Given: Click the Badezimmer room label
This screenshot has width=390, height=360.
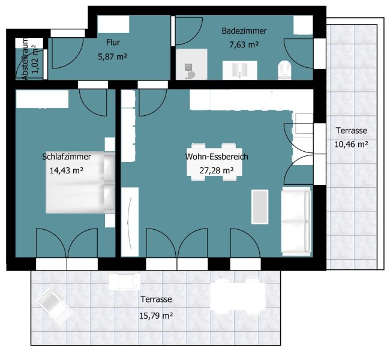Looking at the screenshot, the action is tap(244, 31).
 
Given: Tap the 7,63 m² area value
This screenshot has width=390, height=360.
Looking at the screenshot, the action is tap(244, 45).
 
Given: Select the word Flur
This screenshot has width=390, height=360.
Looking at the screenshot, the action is tap(113, 42).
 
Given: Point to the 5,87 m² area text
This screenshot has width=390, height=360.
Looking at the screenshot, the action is tap(113, 57).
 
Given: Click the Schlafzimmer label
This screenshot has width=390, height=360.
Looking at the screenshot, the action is tap(67, 157).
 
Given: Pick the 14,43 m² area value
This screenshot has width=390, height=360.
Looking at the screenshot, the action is tap(67, 170).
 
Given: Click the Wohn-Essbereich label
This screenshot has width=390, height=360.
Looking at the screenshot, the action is tap(217, 157).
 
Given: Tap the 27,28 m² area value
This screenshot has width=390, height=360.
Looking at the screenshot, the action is tap(217, 170).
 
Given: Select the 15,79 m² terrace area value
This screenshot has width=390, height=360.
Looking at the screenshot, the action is tap(156, 316).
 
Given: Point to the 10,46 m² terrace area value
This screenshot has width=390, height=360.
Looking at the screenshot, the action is tap(352, 144).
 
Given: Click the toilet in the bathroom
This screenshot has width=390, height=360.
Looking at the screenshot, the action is tap(284, 70).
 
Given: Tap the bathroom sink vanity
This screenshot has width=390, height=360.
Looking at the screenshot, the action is tap(240, 70).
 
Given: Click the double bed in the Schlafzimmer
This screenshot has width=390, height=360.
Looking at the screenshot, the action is tap(80, 183).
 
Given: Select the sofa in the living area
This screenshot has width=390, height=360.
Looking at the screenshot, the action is tap(296, 221).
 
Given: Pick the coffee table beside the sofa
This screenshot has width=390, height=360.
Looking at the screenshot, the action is tap(260, 207).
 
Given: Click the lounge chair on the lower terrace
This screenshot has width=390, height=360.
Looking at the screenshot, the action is tap(55, 307).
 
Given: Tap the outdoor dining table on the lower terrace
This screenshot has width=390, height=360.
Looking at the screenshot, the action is tap(238, 296).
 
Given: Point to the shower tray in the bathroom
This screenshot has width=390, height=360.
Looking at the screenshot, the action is tap(191, 64).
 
